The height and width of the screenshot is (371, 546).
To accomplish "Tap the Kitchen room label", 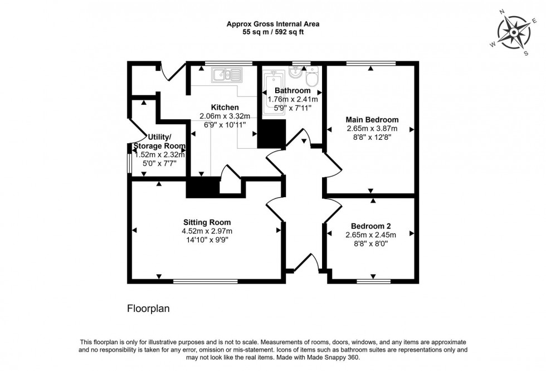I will click(225, 107).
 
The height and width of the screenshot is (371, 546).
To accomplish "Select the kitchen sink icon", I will click(226, 74).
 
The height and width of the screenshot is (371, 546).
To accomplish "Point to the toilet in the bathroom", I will click(312, 77).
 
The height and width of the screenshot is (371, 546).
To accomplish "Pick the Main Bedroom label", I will click(372, 119).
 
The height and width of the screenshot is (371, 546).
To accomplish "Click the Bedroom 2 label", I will click(370, 226).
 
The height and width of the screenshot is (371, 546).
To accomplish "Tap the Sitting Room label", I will click(206, 222).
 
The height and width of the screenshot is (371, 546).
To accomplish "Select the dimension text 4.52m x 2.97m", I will click(206, 231).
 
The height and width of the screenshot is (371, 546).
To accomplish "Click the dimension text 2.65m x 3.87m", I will click(372, 128).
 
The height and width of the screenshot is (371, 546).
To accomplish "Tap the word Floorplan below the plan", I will click(148, 307).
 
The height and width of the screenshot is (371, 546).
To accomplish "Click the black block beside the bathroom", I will click(271, 134).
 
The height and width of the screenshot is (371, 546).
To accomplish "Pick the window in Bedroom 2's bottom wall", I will click(373, 281).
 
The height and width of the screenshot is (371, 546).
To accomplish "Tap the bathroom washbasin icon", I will click(296, 74).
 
